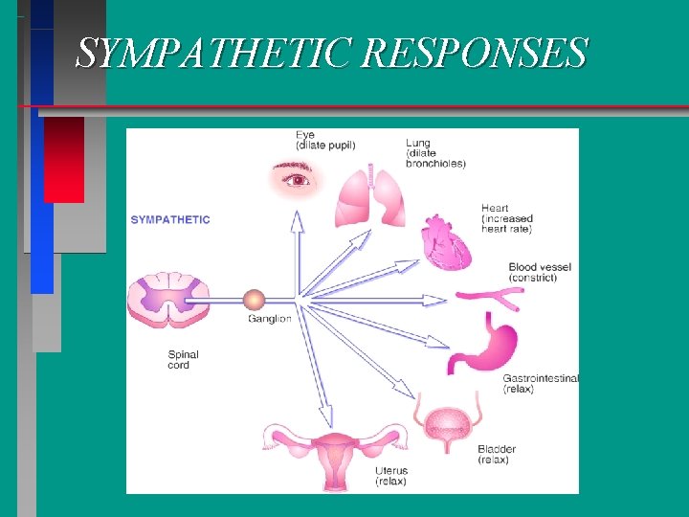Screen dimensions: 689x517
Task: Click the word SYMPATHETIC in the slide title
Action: pyautogui.click(x=216, y=54)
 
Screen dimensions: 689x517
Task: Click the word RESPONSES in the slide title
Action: pyautogui.click(x=476, y=54)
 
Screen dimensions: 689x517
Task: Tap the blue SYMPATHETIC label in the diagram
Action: pyautogui.click(x=170, y=219)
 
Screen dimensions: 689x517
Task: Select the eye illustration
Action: pyautogui.click(x=297, y=178)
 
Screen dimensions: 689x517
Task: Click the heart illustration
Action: pyautogui.click(x=448, y=243)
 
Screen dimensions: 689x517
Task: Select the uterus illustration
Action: pyautogui.click(x=336, y=454)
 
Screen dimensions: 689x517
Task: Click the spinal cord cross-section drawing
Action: pyautogui.click(x=169, y=300)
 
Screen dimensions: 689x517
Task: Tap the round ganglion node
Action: pyautogui.click(x=254, y=300)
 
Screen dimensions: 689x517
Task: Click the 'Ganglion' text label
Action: pyautogui.click(x=269, y=319)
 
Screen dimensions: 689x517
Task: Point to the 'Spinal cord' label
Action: pyautogui.click(x=184, y=359)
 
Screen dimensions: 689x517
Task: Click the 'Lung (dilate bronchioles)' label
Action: pyautogui.click(x=435, y=153)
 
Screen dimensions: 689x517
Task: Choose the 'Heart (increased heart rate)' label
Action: pyautogui.click(x=507, y=219)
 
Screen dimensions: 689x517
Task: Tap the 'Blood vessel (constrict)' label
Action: pyautogui.click(x=541, y=272)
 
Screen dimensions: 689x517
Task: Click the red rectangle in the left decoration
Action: pyautogui.click(x=64, y=159)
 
